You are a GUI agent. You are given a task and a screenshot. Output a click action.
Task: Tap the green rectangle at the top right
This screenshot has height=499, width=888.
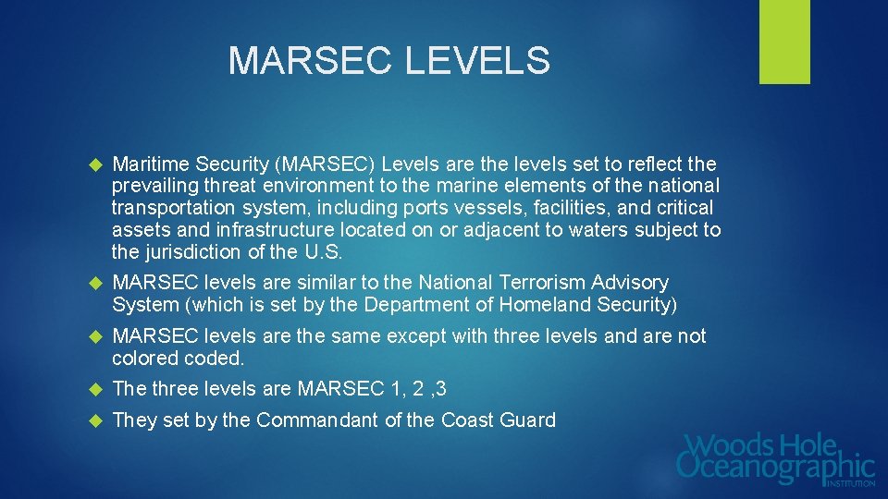coord(784,42)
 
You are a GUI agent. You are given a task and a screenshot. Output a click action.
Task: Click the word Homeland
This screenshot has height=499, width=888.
coord(533,304)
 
